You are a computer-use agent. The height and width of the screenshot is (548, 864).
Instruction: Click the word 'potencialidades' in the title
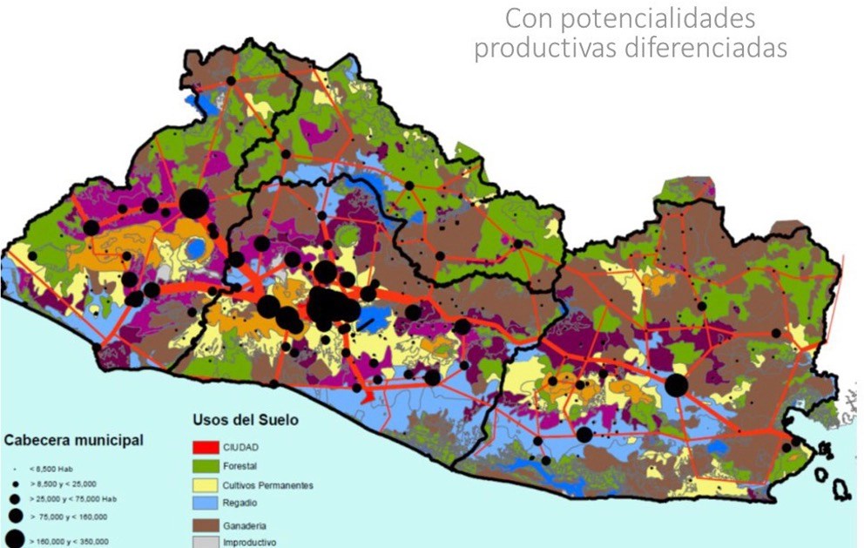pyautogui.click(x=668, y=17)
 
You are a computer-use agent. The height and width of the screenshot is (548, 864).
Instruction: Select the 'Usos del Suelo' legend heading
pyautogui.click(x=245, y=420)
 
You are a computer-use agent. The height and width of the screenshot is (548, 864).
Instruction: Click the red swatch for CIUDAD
pyautogui.click(x=205, y=447)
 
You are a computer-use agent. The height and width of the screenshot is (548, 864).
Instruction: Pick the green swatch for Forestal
pyautogui.click(x=205, y=466)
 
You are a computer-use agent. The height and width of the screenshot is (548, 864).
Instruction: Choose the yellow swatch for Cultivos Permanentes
pyautogui.click(x=205, y=484)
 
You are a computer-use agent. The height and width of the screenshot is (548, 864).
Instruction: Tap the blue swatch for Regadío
pyautogui.click(x=205, y=504)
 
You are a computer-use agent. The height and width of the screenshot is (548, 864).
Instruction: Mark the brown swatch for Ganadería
pyautogui.click(x=205, y=526)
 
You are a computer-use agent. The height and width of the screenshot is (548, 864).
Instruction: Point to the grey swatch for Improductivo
pyautogui.click(x=205, y=543)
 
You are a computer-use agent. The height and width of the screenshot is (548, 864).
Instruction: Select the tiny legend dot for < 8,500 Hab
pyautogui.click(x=15, y=468)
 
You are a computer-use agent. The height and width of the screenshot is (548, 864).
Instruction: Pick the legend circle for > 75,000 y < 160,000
pyautogui.click(x=15, y=518)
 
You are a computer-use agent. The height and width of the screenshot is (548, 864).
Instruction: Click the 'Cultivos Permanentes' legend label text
pyautogui.click(x=274, y=485)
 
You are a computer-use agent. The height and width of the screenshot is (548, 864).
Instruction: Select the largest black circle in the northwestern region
pyautogui.click(x=193, y=204)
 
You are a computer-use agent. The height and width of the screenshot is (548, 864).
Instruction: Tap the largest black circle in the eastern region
pyautogui.click(x=676, y=385)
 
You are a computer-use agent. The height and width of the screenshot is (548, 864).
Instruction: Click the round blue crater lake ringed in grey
pyautogui.click(x=198, y=247)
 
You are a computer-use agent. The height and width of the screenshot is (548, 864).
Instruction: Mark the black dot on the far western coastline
pyautogui.click(x=95, y=348)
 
